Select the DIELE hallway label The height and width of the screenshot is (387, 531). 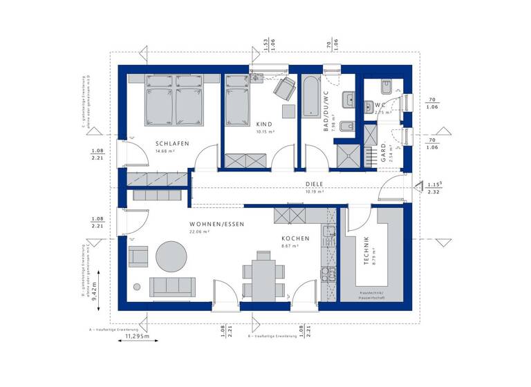[x=315, y=184]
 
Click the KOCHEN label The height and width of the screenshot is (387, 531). [x=296, y=239]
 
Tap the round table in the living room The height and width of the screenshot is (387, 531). [x=171, y=256]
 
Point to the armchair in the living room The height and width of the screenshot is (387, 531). [x=138, y=257]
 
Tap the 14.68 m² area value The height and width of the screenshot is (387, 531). [x=164, y=151]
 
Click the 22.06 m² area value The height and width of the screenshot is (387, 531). [x=201, y=232]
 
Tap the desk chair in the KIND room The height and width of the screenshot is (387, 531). [x=283, y=88]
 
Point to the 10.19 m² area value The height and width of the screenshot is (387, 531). [x=315, y=191]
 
